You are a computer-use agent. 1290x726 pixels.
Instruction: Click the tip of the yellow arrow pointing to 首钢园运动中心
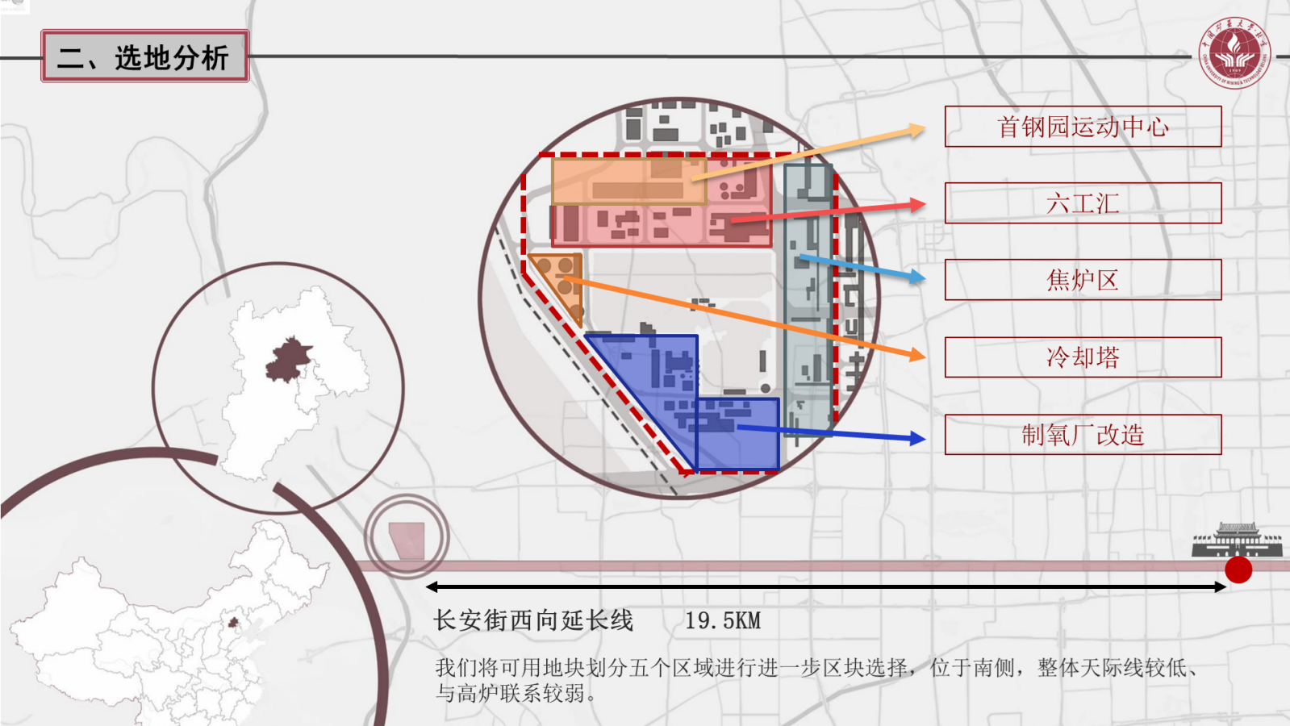coord(925,127)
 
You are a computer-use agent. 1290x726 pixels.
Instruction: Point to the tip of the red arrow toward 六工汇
coord(925,203)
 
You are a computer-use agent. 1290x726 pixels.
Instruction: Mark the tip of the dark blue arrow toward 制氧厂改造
coord(925,440)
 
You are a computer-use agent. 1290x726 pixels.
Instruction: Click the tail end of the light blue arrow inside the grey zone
coord(799,257)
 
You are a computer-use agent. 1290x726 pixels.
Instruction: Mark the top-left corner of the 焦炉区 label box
coord(945,260)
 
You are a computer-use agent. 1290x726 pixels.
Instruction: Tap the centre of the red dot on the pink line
coord(1238,570)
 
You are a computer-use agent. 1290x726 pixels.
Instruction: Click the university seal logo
coord(1234,53)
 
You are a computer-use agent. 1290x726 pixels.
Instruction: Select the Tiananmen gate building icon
coord(1237,540)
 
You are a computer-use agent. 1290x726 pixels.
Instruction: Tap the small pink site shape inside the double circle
coord(407,540)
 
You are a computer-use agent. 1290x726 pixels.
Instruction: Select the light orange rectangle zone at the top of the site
coord(629,181)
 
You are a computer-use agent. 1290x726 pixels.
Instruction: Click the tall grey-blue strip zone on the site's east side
coord(808,299)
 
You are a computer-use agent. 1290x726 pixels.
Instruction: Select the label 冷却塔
coord(1083,357)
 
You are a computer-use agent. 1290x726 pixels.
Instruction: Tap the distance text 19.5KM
coord(723,620)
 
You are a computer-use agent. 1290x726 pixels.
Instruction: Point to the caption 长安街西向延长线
coord(533,620)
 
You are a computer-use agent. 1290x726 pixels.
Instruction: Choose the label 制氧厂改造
coord(1083,435)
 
